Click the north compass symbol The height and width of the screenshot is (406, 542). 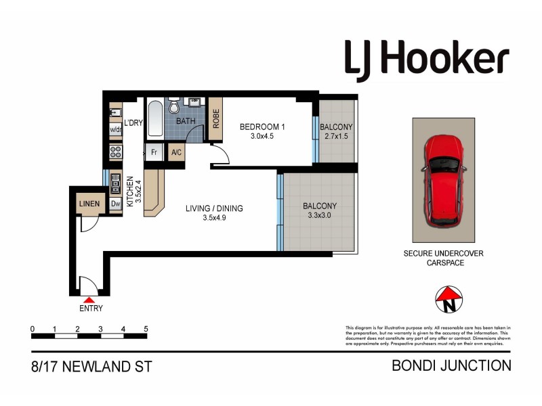pos(448,298)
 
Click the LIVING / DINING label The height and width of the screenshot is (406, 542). pos(214,208)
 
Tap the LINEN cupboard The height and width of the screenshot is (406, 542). pos(89,204)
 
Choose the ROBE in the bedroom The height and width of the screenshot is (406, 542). pos(216,119)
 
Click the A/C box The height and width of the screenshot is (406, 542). pos(177,152)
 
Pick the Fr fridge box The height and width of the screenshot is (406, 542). pos(154,152)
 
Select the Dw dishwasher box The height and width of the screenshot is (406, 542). pos(115,204)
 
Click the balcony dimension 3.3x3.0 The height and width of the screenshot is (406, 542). pos(319,217)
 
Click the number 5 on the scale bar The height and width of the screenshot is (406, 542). pos(146,329)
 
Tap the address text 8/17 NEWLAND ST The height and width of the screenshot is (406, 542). pos(91,367)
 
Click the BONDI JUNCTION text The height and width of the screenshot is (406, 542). pos(452,366)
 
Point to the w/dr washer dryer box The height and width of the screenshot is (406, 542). pos(115,130)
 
